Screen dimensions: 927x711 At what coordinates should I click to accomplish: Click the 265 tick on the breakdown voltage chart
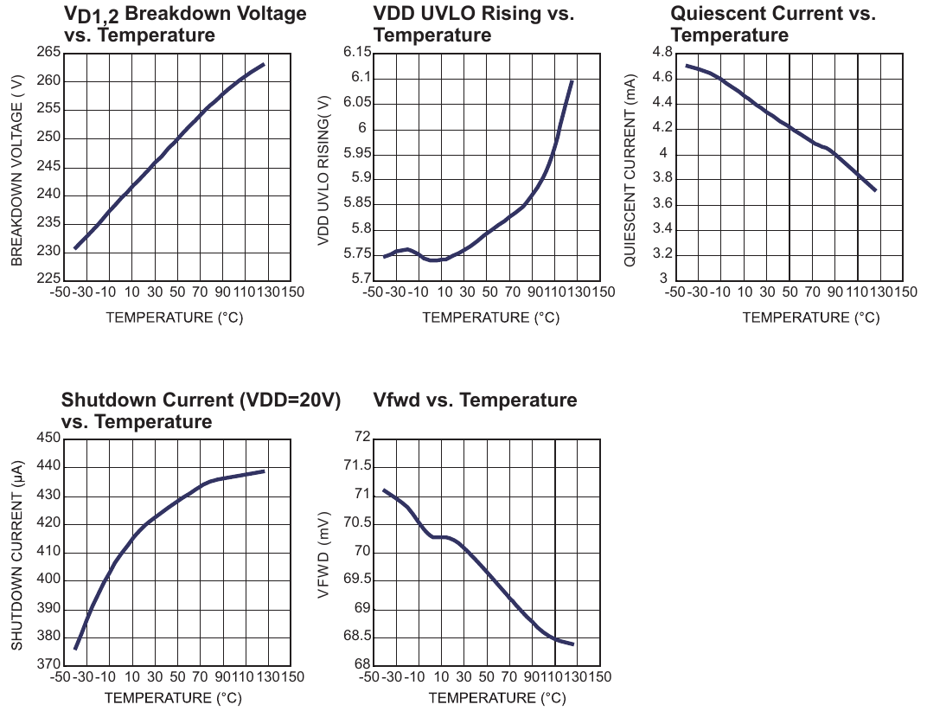coord(49,52)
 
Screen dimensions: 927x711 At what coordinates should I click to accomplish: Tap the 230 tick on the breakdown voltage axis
coord(49,251)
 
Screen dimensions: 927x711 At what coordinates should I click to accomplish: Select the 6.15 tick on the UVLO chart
coord(358,52)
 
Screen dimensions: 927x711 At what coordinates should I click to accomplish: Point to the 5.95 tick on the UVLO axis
coord(358,153)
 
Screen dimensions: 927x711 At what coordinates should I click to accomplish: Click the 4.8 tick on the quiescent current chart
coord(662,52)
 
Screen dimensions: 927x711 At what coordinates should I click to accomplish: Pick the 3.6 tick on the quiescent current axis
coord(662,203)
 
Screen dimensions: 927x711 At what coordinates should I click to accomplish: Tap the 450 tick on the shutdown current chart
coord(49,437)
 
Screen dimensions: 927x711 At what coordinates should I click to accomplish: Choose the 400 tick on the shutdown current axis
coord(49,579)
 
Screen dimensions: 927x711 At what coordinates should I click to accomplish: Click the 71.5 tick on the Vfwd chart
coord(358,465)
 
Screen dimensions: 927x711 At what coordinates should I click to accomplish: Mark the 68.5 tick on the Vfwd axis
coord(358,636)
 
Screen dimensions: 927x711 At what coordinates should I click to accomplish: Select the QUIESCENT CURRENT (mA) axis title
coord(630,170)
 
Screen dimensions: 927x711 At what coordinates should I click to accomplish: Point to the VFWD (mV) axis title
coord(323,555)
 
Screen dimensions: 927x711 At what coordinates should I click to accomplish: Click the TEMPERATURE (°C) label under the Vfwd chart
coord(497,698)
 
